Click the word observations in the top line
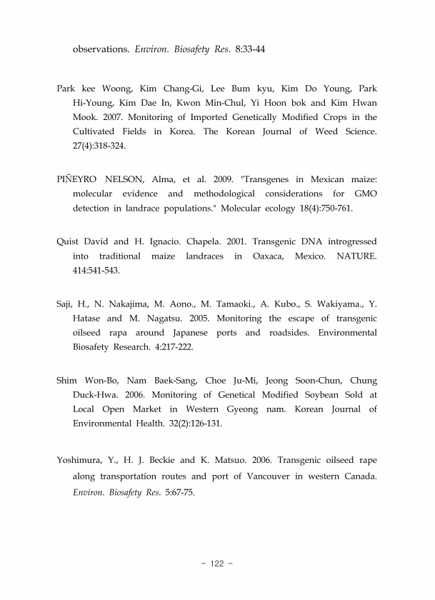click(x=101, y=50)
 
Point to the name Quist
click(x=69, y=241)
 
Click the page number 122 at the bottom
click(x=217, y=564)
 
